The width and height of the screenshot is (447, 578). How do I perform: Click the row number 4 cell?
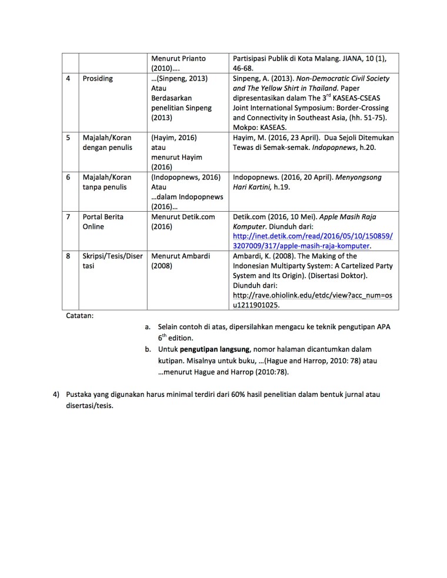[70, 78]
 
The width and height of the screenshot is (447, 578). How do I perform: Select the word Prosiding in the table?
[98, 78]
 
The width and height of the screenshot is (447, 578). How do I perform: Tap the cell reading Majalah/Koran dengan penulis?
[108, 142]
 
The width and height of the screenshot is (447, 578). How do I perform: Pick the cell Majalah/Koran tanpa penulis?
[108, 182]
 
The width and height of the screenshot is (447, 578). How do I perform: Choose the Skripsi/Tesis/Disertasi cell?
[112, 261]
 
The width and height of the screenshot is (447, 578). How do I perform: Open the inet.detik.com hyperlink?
[312, 240]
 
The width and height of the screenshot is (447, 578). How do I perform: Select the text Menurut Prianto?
[178, 58]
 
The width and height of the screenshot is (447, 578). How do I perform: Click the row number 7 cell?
[70, 217]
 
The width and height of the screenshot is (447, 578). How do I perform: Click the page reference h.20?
[366, 147]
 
